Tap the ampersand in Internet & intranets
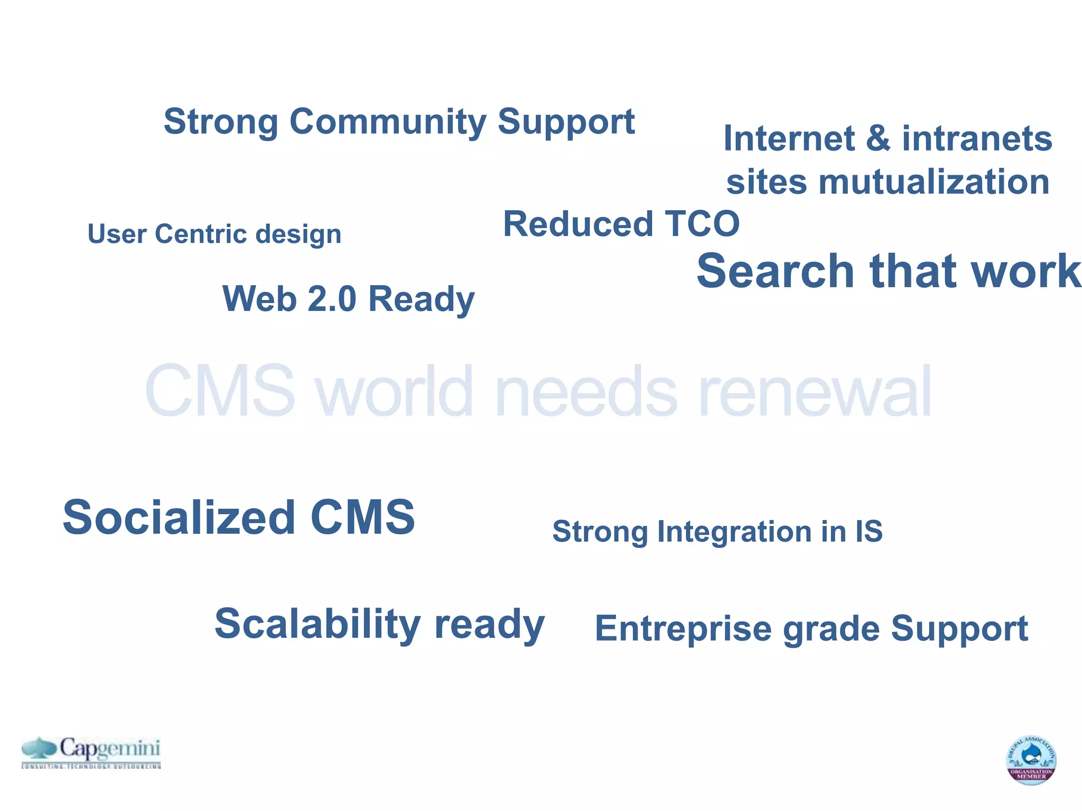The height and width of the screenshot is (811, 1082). (x=878, y=139)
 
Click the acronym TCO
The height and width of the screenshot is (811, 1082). (x=702, y=224)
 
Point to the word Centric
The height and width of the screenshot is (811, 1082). (x=200, y=234)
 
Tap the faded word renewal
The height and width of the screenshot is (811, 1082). (x=815, y=392)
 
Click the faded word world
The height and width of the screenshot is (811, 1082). (x=394, y=392)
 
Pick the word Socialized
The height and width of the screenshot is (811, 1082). (x=179, y=517)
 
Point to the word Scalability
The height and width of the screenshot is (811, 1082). (x=317, y=624)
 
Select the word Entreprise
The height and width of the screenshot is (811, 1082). (x=683, y=629)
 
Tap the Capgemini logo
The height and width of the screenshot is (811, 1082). (x=91, y=752)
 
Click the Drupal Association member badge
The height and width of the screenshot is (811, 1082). (x=1030, y=760)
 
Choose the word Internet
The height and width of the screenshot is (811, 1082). (x=789, y=139)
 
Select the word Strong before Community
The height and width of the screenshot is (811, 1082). (x=221, y=122)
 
